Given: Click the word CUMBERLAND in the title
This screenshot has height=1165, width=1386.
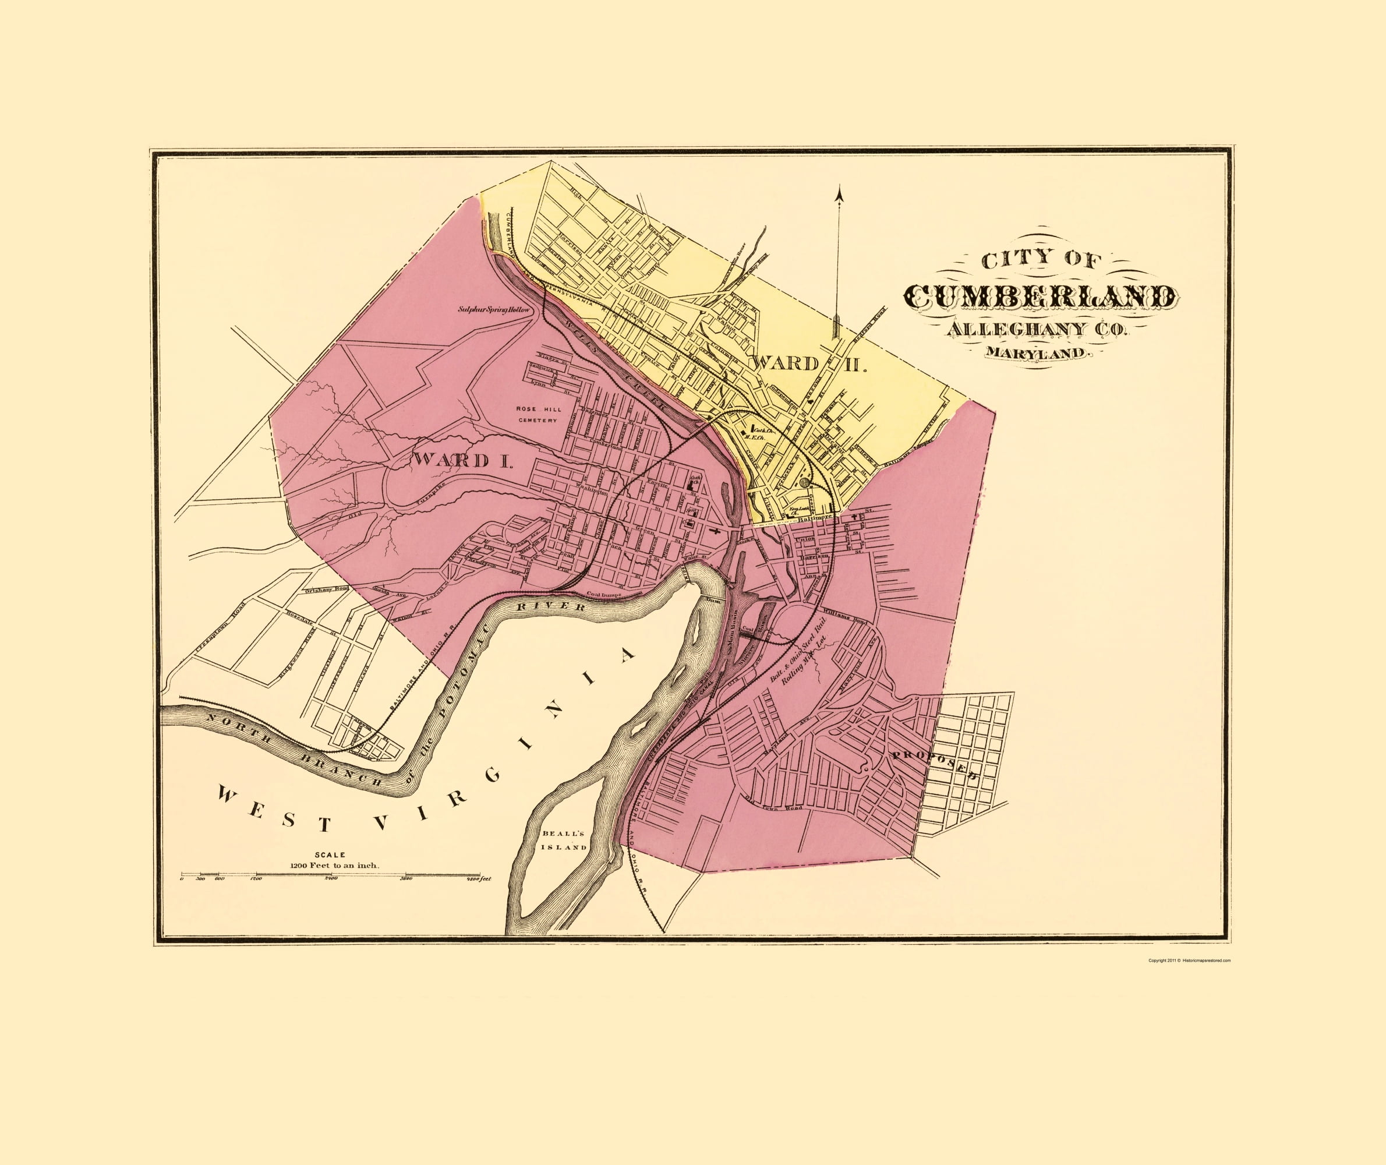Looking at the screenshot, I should point(1040,296).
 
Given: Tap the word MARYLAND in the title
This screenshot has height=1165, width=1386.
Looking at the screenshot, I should point(1035,354).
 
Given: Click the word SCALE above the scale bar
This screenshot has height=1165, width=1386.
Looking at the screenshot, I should point(334,855).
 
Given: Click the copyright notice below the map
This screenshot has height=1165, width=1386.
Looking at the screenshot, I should point(1189,961).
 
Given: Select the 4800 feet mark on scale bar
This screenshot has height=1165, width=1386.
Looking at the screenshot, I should point(479,879).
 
